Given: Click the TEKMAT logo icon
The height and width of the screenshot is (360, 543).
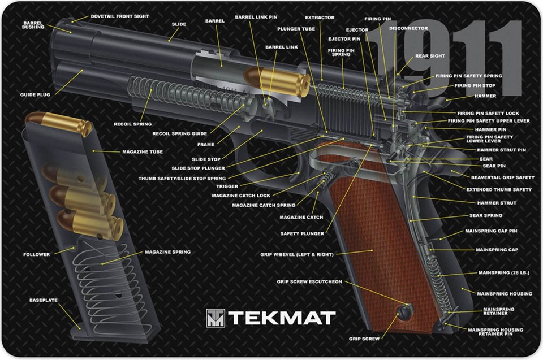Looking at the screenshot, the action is pyautogui.click(x=216, y=318).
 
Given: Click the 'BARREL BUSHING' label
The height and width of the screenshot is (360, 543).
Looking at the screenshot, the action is pyautogui.click(x=33, y=25).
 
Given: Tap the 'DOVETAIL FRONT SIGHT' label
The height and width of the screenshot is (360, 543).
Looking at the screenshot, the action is pyautogui.click(x=120, y=16).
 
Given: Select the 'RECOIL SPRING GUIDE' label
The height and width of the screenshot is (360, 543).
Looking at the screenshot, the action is pyautogui.click(x=180, y=133).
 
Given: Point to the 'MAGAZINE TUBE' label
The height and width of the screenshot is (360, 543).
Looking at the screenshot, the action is pyautogui.click(x=143, y=152).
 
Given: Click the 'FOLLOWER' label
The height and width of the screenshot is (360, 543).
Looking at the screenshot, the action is pyautogui.click(x=37, y=254).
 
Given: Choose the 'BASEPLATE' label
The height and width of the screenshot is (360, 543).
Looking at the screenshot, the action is pyautogui.click(x=44, y=300).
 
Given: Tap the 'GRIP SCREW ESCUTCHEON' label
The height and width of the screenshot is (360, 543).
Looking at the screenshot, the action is pyautogui.click(x=309, y=282).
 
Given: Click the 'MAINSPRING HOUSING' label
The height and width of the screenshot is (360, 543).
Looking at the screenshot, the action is pyautogui.click(x=505, y=294).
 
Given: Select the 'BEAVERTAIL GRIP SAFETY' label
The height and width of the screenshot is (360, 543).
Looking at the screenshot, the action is pyautogui.click(x=503, y=177).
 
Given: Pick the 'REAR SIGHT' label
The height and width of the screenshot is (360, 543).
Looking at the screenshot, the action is pyautogui.click(x=430, y=56).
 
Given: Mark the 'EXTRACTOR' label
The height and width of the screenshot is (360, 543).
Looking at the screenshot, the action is pyautogui.click(x=320, y=18).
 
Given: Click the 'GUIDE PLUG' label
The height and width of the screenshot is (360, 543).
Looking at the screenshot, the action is pyautogui.click(x=35, y=94).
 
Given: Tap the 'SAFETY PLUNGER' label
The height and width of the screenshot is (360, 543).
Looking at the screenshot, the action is pyautogui.click(x=302, y=233).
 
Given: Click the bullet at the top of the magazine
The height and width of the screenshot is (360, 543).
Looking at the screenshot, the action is pyautogui.click(x=58, y=123).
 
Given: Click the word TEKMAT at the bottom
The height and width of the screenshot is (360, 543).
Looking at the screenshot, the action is pyautogui.click(x=282, y=318).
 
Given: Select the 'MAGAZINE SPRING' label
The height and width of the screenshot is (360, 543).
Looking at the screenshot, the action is pyautogui.click(x=167, y=252).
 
